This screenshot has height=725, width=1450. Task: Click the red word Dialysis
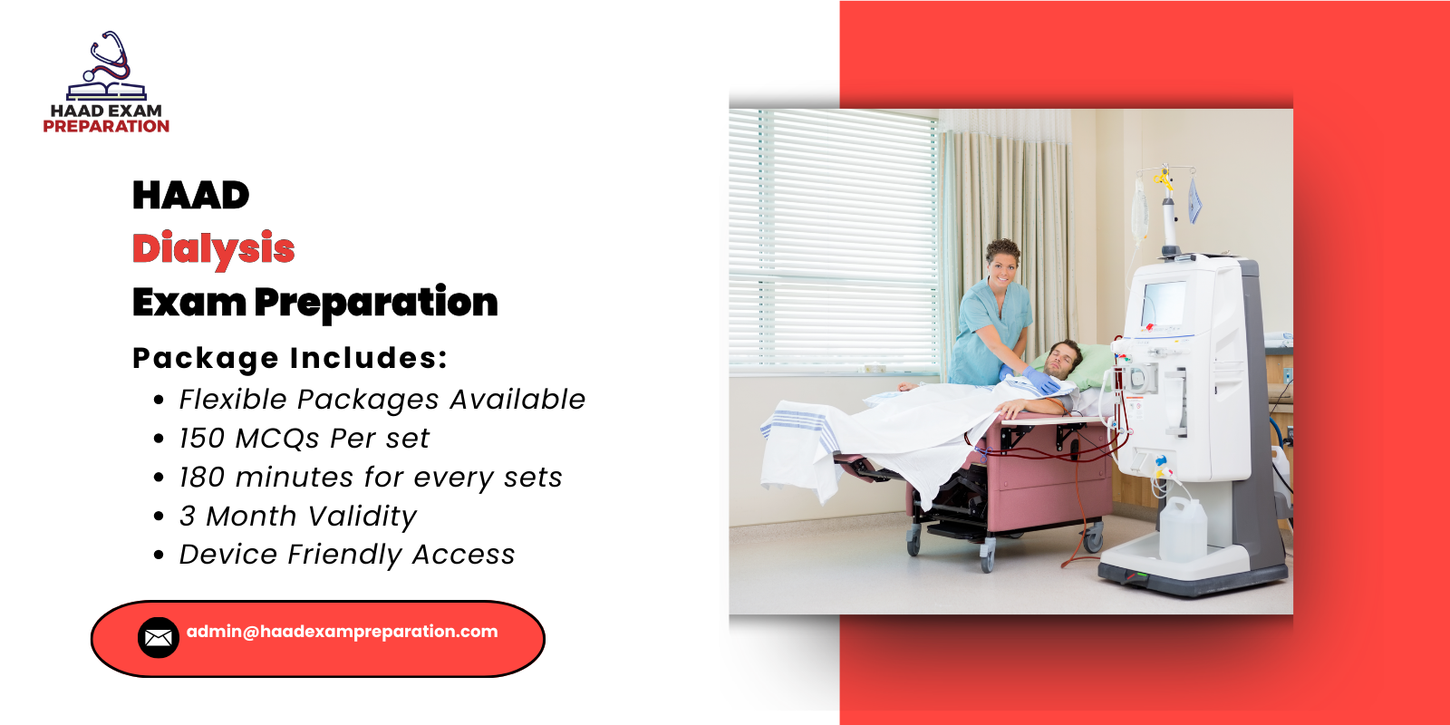click(213, 249)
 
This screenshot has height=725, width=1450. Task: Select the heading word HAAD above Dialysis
click(190, 196)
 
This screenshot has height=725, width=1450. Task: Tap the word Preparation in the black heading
click(376, 303)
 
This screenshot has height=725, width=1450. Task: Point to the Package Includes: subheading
click(290, 359)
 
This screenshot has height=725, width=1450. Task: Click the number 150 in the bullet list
click(201, 439)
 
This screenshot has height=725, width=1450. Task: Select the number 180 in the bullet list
click(201, 478)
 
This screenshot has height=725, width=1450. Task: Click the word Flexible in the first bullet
click(232, 400)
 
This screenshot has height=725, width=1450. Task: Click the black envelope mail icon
click(158, 638)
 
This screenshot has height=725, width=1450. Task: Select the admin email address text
click(342, 632)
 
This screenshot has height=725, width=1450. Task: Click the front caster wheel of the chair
click(986, 555)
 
